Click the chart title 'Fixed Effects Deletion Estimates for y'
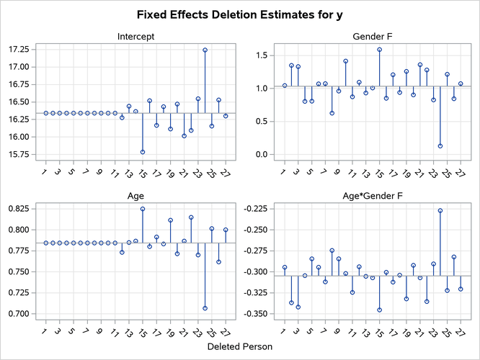[x=239, y=14]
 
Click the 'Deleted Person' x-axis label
[x=239, y=347]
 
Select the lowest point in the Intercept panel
[x=142, y=152]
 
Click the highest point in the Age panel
[x=142, y=209]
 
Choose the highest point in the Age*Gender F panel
[x=440, y=210]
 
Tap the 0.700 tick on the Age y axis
[x=17, y=314]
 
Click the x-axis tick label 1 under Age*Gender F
[x=283, y=332]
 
